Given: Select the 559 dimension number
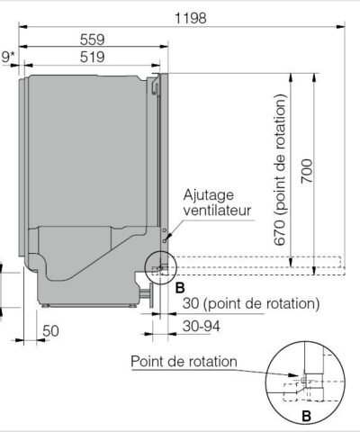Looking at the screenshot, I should click(93, 39).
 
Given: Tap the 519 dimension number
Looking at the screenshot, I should click(93, 57).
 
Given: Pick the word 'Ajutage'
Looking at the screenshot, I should click(209, 194).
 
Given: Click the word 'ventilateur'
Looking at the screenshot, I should click(217, 211).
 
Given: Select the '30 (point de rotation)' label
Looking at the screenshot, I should click(248, 303).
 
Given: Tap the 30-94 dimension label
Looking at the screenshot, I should click(202, 325).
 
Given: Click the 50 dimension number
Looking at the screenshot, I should click(50, 330).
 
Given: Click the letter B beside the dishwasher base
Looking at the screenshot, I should click(179, 287).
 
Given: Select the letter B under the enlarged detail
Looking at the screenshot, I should click(307, 416).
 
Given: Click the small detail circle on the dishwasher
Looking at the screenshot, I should click(159, 266).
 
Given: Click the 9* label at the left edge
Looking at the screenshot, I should click(8, 58).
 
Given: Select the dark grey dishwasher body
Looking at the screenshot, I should click(85, 153).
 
